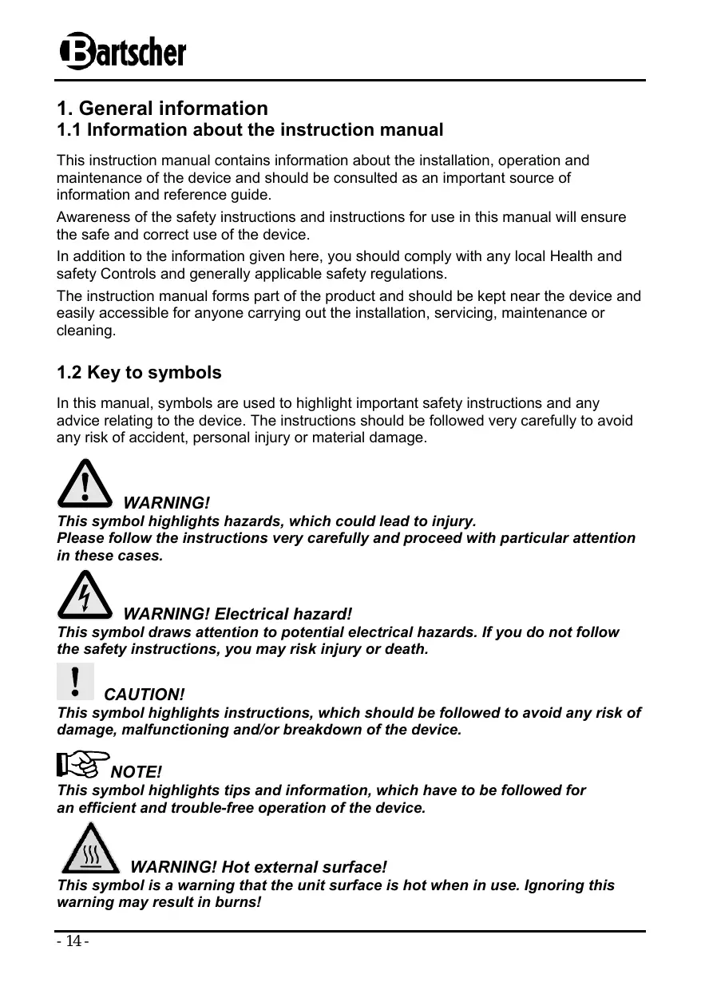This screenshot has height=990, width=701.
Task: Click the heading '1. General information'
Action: (x=162, y=108)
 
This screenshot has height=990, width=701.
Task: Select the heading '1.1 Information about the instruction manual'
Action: (x=249, y=129)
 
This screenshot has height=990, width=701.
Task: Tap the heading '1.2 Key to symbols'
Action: (x=139, y=373)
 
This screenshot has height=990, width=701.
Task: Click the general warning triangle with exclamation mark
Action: (x=85, y=483)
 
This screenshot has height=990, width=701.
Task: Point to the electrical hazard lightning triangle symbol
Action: (x=85, y=595)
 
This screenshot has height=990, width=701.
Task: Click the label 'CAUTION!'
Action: (x=145, y=695)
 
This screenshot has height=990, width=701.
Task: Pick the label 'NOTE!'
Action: (x=136, y=772)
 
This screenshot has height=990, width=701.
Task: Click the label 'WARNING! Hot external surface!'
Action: (x=258, y=867)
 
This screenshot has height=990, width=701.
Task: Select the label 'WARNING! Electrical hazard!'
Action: (x=237, y=614)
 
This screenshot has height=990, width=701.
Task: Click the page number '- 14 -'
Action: (x=73, y=942)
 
